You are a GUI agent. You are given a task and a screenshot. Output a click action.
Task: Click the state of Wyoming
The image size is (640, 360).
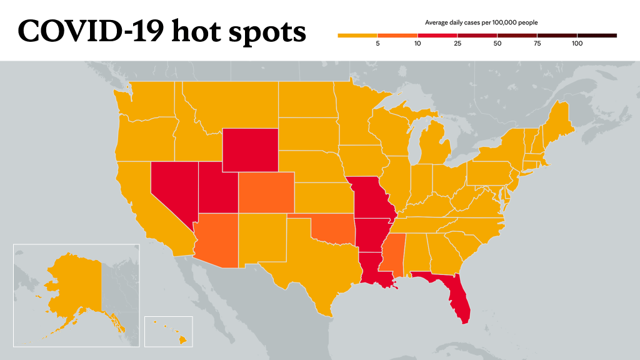[x=250, y=150]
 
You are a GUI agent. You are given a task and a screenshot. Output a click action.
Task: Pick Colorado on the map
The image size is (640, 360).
[x=266, y=192]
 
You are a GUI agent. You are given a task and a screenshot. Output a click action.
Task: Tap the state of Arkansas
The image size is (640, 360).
[x=370, y=236]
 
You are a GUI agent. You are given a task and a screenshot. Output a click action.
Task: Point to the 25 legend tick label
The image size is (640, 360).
[x=457, y=44]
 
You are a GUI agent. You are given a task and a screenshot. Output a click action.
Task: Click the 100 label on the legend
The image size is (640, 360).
[x=577, y=44]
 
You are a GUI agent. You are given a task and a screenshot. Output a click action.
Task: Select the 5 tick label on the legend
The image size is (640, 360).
[x=377, y=44]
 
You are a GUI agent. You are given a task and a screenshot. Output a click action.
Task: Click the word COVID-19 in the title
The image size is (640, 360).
[x=91, y=31]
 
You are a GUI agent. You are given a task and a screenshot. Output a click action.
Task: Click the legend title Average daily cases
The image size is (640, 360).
[x=452, y=22]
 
